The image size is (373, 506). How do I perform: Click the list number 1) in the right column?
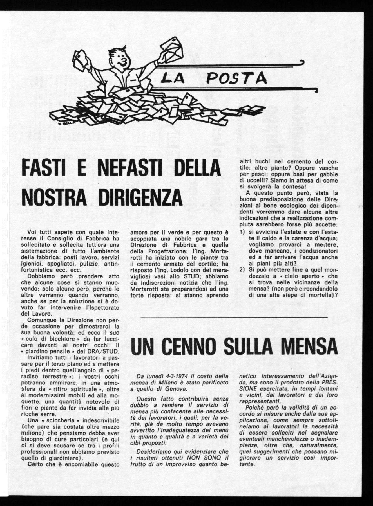(242, 233)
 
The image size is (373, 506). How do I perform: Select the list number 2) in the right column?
(242, 270)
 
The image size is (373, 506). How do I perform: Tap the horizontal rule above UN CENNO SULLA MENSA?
(234, 317)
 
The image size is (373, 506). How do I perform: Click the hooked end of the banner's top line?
(302, 62)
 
